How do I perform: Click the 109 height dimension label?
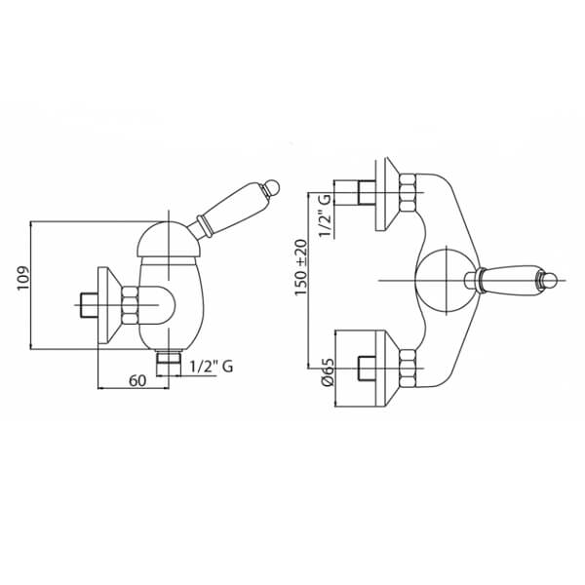pos(22,278)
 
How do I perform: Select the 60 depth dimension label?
pos(137,381)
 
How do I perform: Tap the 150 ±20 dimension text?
pos(301,267)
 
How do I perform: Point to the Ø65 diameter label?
pos(328,372)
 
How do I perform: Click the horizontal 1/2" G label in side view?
pos(212,367)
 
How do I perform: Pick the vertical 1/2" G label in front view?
pos(325,215)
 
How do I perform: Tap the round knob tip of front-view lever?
pos(550,280)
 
